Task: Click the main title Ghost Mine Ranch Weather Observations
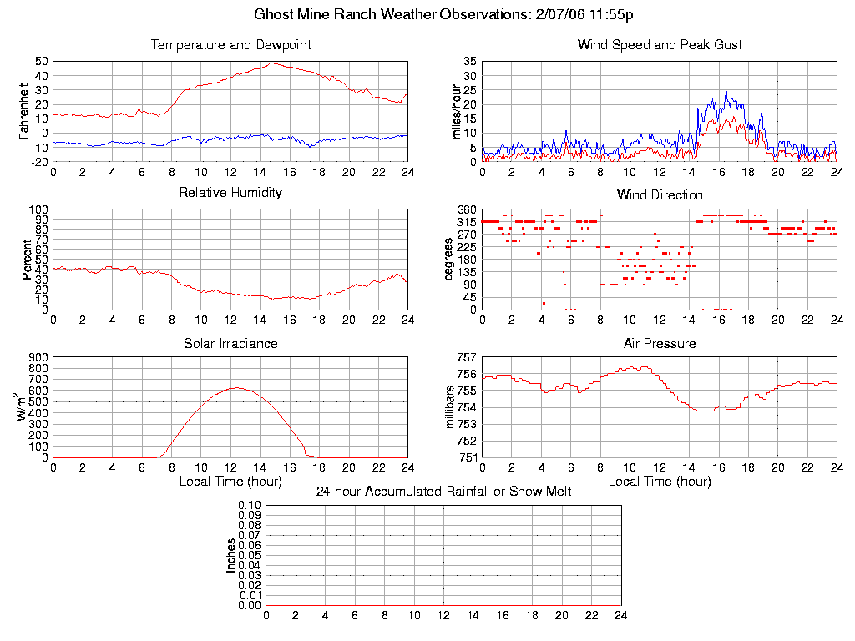coord(448,14)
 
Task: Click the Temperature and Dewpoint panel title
coord(230,44)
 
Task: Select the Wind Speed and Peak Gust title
coord(660,44)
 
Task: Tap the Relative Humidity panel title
coord(230,193)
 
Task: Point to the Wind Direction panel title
coord(660,194)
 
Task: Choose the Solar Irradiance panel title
coord(230,343)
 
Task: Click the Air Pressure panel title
coord(660,343)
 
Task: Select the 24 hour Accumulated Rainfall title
coord(443,492)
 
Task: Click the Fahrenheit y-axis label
coord(24,112)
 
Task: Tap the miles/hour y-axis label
coord(456,112)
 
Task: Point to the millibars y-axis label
coord(450,407)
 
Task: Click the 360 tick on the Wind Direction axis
coord(465,209)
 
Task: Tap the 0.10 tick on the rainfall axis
coord(250,506)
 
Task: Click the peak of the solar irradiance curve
coord(236,387)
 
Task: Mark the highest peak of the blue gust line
coord(726,91)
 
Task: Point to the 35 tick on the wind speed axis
coord(468,62)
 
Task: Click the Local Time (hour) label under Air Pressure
coord(660,482)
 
